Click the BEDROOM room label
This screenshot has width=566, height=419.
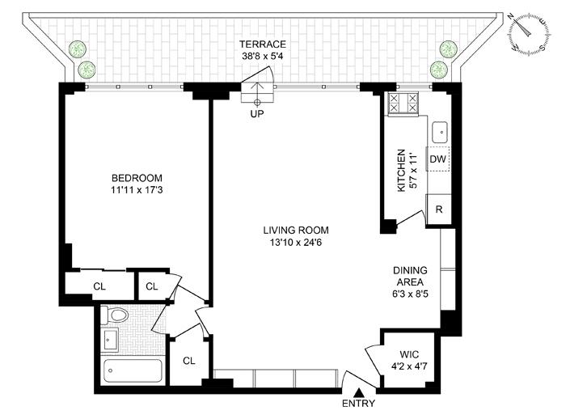click(137, 178)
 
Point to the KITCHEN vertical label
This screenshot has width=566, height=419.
click(399, 171)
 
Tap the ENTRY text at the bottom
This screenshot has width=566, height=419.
click(359, 404)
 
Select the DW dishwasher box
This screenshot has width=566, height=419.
click(437, 159)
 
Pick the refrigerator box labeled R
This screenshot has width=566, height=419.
click(438, 207)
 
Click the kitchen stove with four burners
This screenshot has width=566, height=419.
click(403, 103)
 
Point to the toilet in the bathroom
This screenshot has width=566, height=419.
click(116, 315)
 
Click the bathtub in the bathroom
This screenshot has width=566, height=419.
click(133, 372)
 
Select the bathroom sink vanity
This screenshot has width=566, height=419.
click(110, 339)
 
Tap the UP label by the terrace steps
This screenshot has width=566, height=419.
click(258, 114)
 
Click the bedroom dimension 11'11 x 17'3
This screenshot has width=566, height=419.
click(137, 191)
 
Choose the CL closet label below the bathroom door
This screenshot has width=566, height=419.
click(188, 361)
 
